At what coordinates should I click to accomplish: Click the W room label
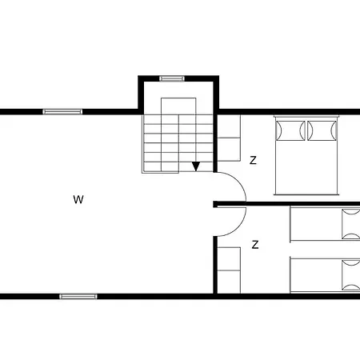click(x=78, y=199)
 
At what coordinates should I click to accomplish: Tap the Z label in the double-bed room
click(x=253, y=160)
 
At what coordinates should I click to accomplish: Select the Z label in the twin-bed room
click(x=255, y=245)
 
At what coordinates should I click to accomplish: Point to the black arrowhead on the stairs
click(x=196, y=166)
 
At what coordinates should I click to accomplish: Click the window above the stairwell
click(x=172, y=78)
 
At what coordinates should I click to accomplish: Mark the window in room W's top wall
click(x=62, y=111)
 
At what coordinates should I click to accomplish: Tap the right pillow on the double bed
click(x=322, y=130)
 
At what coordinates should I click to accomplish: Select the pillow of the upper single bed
click(x=350, y=224)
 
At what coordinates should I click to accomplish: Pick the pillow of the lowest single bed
click(x=350, y=274)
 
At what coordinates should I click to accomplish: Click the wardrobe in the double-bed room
click(x=230, y=138)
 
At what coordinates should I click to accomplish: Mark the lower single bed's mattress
click(x=315, y=274)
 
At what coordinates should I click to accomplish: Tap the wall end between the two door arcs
click(x=216, y=204)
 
